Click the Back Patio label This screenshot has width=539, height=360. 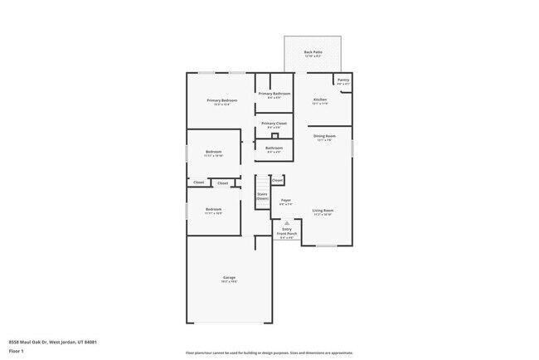click(313, 52)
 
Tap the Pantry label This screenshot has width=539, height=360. click(343, 80)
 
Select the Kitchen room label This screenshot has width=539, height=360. click(320, 100)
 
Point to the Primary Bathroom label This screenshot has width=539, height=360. click(274, 95)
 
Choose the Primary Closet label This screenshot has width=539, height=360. click(274, 124)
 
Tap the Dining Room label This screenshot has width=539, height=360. click(323, 137)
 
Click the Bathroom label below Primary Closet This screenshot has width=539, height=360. click(274, 149)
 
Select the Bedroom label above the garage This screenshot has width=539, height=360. click(214, 210)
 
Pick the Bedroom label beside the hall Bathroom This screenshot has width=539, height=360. click(214, 153)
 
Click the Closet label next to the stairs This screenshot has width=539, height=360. click(277, 179)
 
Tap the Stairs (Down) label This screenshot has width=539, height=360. click(262, 197)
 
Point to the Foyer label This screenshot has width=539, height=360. click(285, 201)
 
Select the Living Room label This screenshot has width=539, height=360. click(323, 212)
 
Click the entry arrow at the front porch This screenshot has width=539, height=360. click(286, 223)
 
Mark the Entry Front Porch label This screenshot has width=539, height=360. click(286, 231)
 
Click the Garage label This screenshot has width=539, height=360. click(229, 278)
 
